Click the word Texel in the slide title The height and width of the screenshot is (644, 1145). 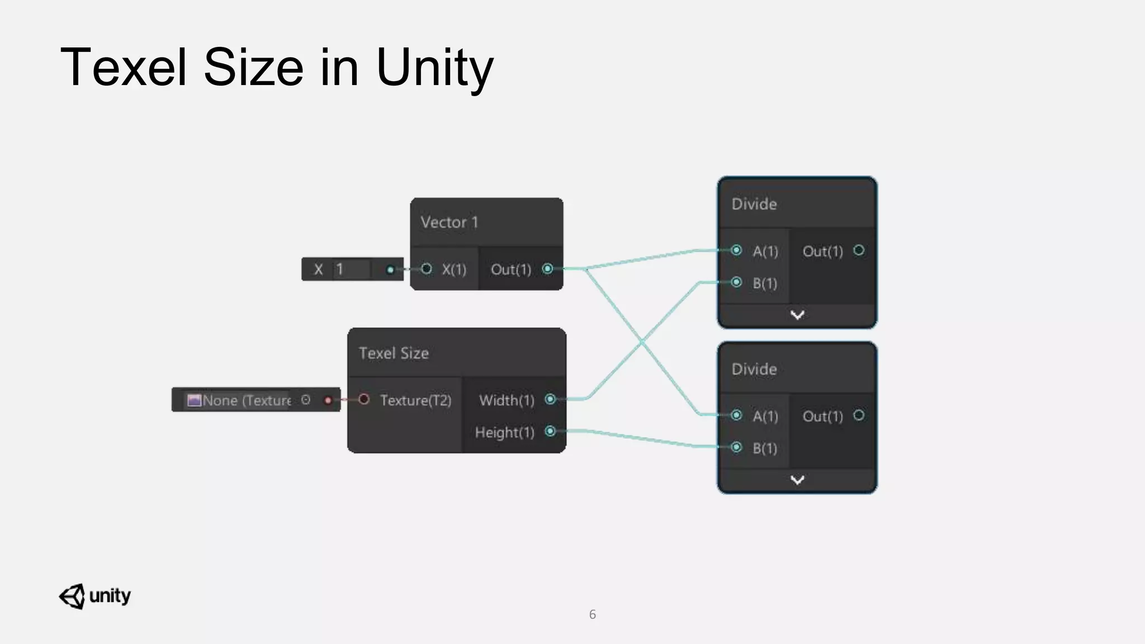[x=124, y=67]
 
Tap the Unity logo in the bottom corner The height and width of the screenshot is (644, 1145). [x=94, y=596]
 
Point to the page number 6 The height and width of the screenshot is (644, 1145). [x=593, y=614]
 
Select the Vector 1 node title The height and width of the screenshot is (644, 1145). [x=450, y=222]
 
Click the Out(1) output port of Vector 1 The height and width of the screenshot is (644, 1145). [x=547, y=269]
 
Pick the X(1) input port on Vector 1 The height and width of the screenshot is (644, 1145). [x=427, y=269]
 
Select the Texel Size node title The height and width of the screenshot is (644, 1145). [x=394, y=353]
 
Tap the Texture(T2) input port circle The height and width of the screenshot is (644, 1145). [x=364, y=399]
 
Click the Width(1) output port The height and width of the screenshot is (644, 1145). [x=550, y=399]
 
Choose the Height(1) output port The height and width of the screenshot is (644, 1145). [x=550, y=431]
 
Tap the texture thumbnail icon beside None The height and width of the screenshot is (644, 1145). [x=194, y=400]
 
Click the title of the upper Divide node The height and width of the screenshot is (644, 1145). [x=754, y=204]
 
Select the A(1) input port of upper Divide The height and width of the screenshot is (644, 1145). [x=736, y=250]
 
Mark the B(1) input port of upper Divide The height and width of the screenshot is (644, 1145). [x=736, y=282]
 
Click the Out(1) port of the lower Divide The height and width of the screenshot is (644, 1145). [x=859, y=415]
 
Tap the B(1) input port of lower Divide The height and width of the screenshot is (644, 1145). [x=736, y=447]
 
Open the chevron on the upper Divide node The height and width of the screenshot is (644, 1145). [x=797, y=315]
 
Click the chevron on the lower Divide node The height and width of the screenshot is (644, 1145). [x=797, y=480]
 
